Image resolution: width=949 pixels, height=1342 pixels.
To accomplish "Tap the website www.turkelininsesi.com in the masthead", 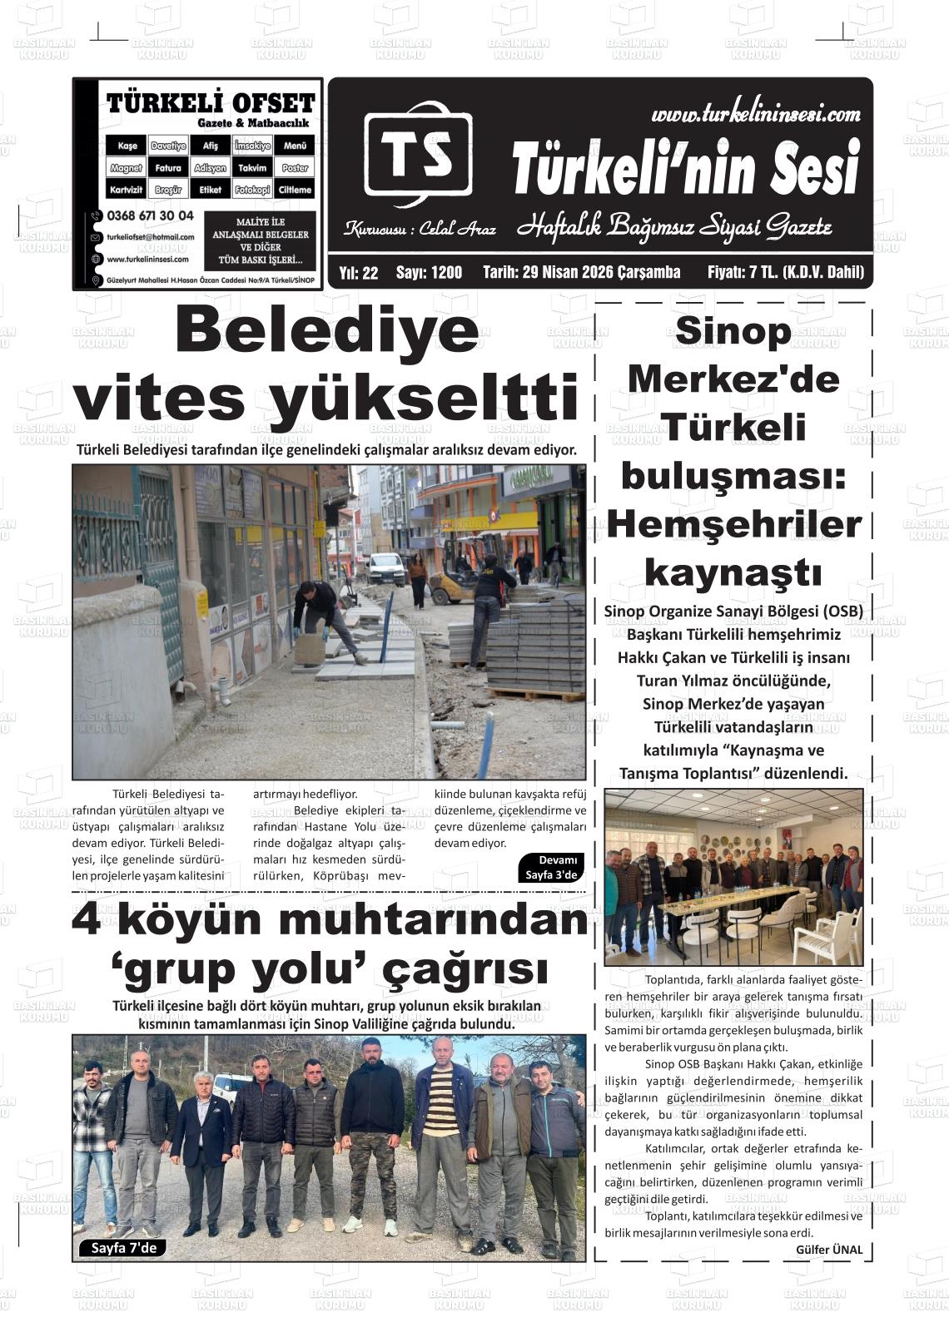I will [x=755, y=114].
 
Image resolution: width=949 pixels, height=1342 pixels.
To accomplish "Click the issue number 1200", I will [x=446, y=273].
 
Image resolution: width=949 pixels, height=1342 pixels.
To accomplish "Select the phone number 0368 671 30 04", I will [x=150, y=215].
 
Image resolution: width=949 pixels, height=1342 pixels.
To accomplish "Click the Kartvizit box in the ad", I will [x=127, y=190].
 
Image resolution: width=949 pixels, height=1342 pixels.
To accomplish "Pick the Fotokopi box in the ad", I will [x=252, y=190].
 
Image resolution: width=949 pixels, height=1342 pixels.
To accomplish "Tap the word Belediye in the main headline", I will [x=327, y=331].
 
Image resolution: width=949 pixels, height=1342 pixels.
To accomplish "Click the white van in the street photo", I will [x=386, y=568].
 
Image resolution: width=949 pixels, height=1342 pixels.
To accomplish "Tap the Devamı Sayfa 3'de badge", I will [x=551, y=867].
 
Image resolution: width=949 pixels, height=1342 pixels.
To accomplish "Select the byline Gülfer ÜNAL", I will [x=829, y=1250].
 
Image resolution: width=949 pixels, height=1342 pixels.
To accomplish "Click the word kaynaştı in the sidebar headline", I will [x=733, y=572].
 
